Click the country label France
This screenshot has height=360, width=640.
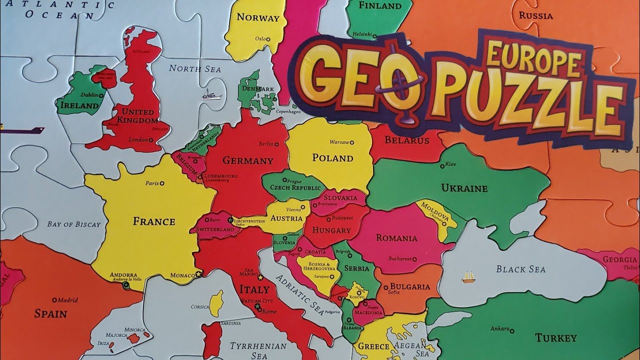tap(154, 221)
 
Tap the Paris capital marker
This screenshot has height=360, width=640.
tap(161, 183)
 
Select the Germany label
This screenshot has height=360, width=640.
tap(248, 160)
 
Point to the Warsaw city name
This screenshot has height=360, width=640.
tap(339, 142)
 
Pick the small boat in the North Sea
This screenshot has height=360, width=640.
tap(209, 94)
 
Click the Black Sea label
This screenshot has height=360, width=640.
tap(520, 269)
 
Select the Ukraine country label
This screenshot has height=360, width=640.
tap(464, 188)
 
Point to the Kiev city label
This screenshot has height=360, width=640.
tap(450, 164)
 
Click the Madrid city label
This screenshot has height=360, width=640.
tap(67, 300)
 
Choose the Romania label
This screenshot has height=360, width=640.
tap(396, 238)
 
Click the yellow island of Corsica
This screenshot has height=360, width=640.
tap(216, 303)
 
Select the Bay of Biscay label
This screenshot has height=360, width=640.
tap(74, 224)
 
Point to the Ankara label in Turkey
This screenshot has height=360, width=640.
tap(499, 329)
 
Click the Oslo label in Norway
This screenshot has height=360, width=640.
tap(260, 38)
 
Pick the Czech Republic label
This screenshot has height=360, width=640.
tap(295, 188)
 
